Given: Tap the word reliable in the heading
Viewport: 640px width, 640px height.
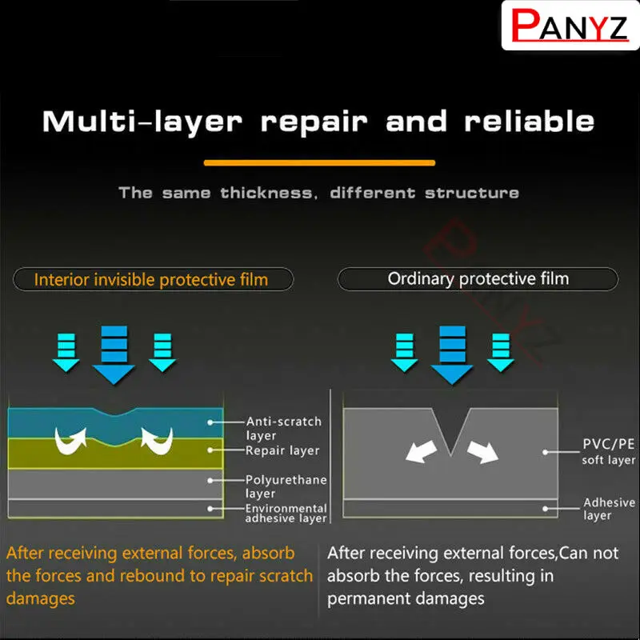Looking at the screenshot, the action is pyautogui.click(x=530, y=122).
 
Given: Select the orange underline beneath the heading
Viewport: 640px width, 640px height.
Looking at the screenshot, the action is pyautogui.click(x=319, y=162).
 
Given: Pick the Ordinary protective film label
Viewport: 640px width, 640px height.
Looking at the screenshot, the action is pyautogui.click(x=478, y=279).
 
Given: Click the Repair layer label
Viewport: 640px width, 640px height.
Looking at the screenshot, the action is pyautogui.click(x=282, y=450).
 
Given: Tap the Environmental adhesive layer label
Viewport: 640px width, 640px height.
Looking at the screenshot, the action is pyautogui.click(x=286, y=513).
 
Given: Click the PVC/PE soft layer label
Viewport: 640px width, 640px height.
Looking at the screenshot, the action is pyautogui.click(x=608, y=452).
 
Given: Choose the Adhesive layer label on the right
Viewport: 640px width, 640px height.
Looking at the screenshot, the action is pyautogui.click(x=608, y=509).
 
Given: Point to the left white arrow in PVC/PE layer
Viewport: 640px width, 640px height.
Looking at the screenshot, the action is pyautogui.click(x=421, y=450).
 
